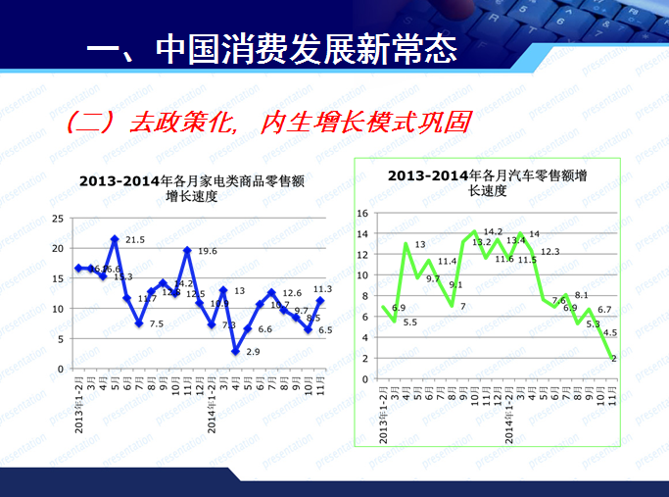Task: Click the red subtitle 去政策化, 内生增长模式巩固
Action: [269, 123]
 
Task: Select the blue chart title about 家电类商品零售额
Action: [192, 188]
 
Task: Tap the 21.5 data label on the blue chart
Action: [135, 239]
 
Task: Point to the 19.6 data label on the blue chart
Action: [207, 251]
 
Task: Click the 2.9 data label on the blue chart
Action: [253, 351]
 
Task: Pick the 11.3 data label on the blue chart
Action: [322, 289]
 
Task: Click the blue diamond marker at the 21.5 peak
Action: [115, 238]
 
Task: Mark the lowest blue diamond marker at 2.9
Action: [235, 351]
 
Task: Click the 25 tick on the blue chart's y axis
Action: [58, 218]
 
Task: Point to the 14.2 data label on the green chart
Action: [493, 232]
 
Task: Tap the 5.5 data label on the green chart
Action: [409, 322]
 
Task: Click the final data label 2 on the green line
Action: [613, 359]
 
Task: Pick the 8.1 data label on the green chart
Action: [581, 295]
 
